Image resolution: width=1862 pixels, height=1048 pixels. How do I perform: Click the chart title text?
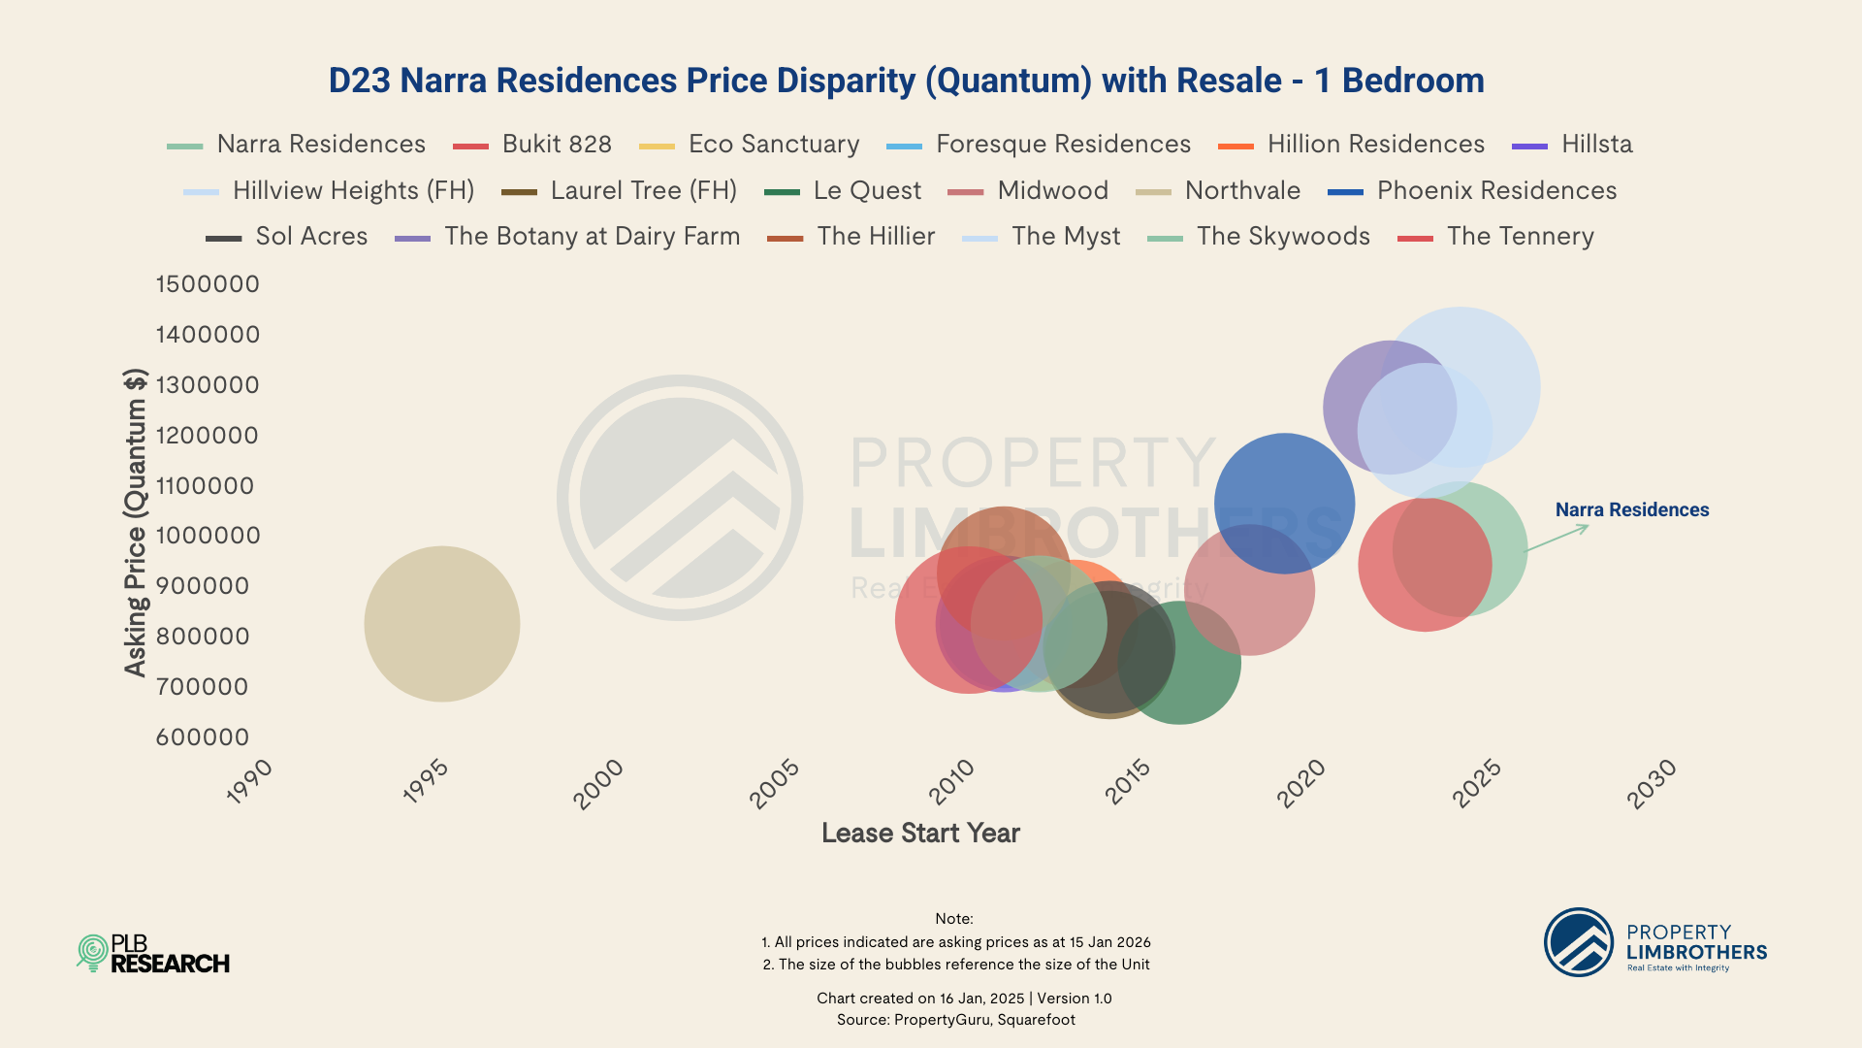click(x=906, y=81)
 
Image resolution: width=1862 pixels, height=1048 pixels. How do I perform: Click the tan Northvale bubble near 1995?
click(x=441, y=624)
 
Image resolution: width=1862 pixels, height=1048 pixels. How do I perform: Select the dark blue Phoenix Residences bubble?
click(x=1285, y=490)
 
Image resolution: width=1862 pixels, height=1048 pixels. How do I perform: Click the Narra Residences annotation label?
click(x=1631, y=509)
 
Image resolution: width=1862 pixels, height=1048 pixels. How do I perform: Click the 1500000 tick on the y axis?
click(x=208, y=284)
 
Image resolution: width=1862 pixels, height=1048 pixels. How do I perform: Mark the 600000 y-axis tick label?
click(x=203, y=737)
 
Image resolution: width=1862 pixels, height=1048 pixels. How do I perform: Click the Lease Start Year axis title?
click(x=920, y=833)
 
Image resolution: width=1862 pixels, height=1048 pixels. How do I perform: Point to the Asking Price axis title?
click(x=135, y=522)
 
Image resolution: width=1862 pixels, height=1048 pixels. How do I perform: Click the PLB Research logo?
click(x=153, y=954)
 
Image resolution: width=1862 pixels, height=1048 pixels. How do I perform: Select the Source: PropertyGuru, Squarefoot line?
click(x=955, y=1020)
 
